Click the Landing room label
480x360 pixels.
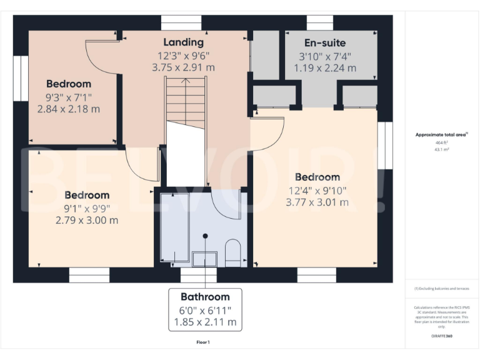coord(184,42)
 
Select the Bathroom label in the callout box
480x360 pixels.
coord(205,297)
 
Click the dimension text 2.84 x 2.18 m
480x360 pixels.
coord(69,109)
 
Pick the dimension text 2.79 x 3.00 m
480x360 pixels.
coord(87,220)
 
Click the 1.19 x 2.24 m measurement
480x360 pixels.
coord(325,68)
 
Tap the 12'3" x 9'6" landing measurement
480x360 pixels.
coord(184,55)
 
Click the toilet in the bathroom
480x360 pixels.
coord(232,251)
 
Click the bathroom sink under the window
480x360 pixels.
coord(204,259)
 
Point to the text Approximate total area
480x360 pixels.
coord(441,134)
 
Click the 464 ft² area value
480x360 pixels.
coord(442,143)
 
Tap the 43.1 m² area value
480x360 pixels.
coord(442,150)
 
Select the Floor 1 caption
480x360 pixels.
coord(204,342)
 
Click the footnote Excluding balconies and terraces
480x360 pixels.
coord(442,289)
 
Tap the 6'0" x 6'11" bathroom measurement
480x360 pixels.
coord(205,310)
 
